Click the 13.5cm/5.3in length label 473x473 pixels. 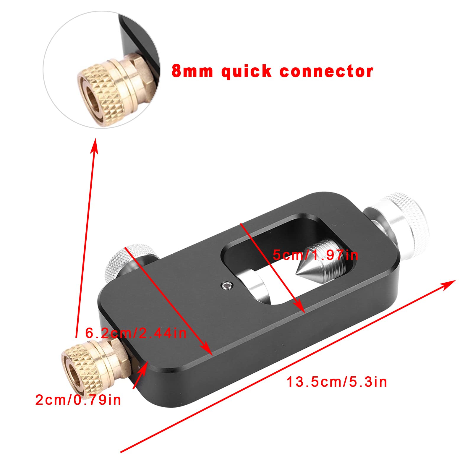point(337,382)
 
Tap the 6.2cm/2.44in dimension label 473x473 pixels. point(136,333)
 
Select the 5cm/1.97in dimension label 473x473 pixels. point(315,255)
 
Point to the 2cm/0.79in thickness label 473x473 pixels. point(78,400)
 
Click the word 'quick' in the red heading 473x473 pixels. point(246,71)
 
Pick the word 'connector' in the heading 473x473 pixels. point(326,72)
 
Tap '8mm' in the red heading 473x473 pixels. point(192,71)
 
